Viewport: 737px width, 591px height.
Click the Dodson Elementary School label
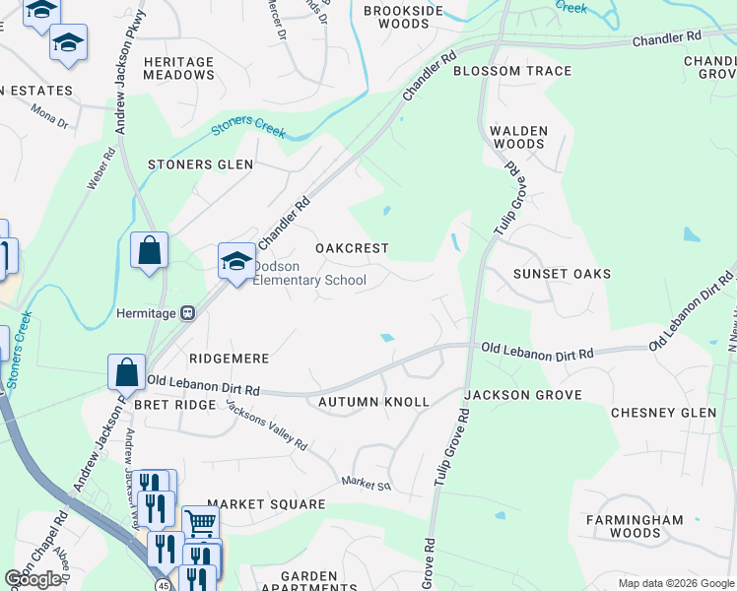(x=309, y=273)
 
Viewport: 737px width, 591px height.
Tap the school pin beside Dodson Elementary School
(x=236, y=262)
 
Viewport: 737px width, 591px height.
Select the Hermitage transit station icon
(x=187, y=313)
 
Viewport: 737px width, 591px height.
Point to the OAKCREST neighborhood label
(x=352, y=248)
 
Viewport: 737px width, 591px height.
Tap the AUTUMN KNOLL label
(x=373, y=402)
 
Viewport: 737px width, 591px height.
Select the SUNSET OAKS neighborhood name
(x=563, y=274)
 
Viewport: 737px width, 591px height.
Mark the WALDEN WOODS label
(x=518, y=137)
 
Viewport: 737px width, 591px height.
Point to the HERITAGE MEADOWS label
(x=178, y=68)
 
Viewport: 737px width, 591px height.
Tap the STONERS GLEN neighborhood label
(x=200, y=164)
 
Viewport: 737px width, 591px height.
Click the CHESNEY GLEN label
(x=663, y=413)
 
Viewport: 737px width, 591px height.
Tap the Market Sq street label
(x=367, y=484)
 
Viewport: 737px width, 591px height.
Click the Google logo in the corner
(x=33, y=579)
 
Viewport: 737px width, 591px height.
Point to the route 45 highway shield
(x=161, y=585)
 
